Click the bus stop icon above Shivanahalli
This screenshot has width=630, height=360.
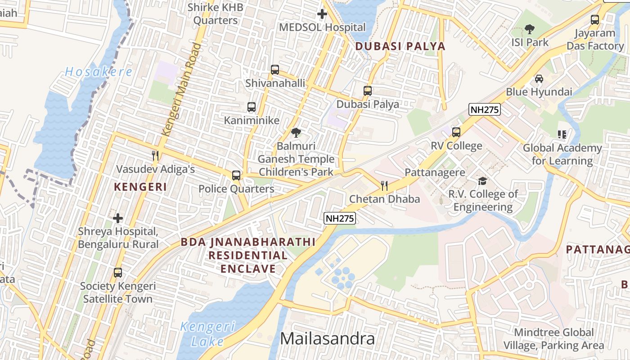click(275, 70)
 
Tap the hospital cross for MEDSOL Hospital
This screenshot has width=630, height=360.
click(322, 14)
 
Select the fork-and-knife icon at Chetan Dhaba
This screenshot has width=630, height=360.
click(384, 185)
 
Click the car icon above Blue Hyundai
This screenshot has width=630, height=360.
click(539, 79)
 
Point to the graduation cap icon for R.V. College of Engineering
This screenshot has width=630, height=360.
click(482, 181)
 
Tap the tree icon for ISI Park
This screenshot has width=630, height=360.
click(530, 29)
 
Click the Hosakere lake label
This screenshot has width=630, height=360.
click(99, 72)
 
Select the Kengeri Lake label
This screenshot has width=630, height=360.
click(207, 333)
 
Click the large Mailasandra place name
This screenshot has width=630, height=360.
click(327, 338)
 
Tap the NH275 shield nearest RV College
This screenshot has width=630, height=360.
click(484, 109)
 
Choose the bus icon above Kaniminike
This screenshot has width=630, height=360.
click(252, 107)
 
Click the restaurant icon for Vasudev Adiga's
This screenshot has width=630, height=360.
click(155, 156)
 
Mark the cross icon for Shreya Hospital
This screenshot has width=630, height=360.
click(118, 218)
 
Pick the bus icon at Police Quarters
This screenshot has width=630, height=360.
click(236, 175)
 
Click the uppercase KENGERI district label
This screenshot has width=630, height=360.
click(140, 187)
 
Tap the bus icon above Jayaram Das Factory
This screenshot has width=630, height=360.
click(595, 20)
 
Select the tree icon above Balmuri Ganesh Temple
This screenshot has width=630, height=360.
click(296, 133)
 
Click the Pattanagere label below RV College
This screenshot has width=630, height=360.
click(435, 172)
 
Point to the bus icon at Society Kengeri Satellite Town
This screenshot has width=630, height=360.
click(118, 273)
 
